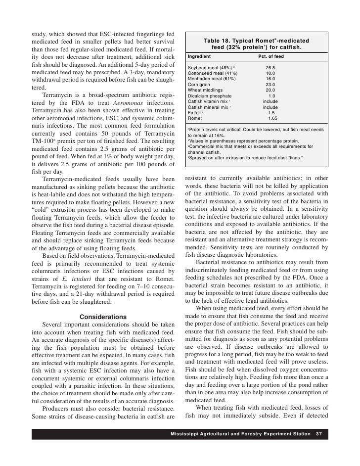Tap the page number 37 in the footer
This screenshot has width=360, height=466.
coord(318,434)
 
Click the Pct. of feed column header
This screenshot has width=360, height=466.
coord(271,57)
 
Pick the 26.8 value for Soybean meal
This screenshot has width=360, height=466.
coord(270,68)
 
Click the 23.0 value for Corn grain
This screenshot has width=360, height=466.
coord(270,85)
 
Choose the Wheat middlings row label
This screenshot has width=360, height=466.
coord(205,90)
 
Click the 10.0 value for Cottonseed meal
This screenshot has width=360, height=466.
coord(270,74)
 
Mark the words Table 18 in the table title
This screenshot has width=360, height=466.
coord(220,40)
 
